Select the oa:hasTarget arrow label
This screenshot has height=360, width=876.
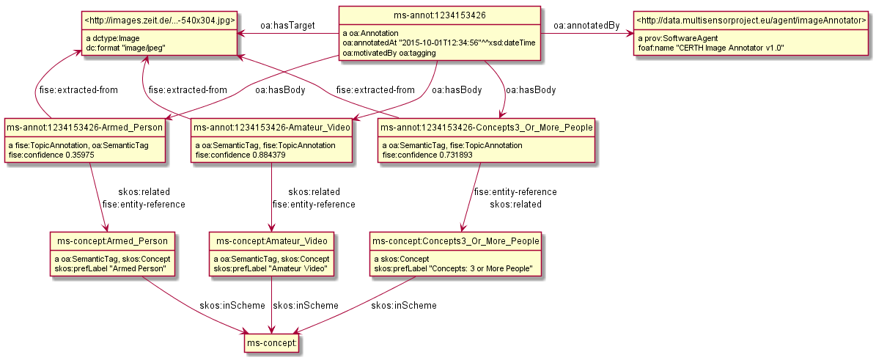tap(287, 26)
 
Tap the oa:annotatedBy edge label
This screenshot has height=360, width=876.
tap(586, 26)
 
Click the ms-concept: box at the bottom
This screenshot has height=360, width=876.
tap(273, 342)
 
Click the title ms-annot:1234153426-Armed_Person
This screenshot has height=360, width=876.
tap(84, 128)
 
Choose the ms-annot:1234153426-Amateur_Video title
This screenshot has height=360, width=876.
tap(272, 128)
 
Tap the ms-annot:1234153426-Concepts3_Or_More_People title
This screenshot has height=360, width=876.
tap(486, 128)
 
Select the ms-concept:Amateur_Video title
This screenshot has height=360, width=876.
tap(272, 240)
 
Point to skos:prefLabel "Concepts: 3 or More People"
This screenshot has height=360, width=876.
tap(453, 269)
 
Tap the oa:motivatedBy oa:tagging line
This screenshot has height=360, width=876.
tap(389, 53)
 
